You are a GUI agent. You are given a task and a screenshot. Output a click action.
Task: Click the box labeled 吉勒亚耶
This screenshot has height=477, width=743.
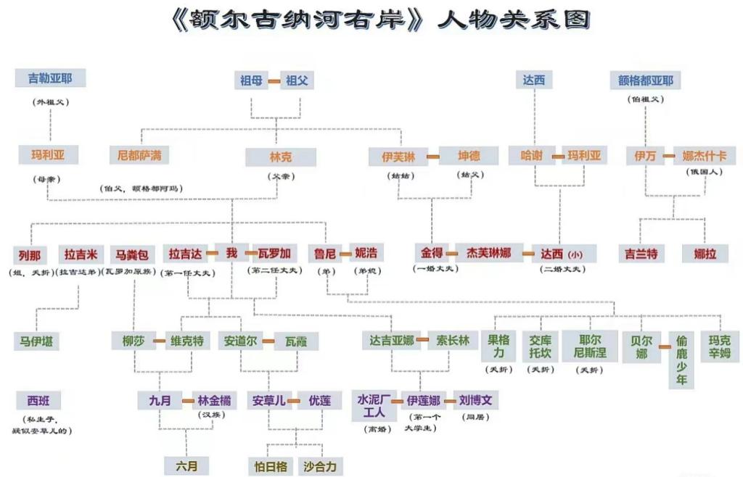click(50, 78)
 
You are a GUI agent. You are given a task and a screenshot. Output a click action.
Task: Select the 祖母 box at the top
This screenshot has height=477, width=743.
click(250, 80)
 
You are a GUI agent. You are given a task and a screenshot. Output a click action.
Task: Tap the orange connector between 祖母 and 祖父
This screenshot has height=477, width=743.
click(274, 80)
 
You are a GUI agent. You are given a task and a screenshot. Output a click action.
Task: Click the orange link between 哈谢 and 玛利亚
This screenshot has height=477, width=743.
click(557, 156)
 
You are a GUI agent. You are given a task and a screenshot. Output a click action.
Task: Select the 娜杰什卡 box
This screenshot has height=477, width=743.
click(704, 155)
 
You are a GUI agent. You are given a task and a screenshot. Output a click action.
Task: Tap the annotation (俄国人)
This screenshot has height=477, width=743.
click(704, 173)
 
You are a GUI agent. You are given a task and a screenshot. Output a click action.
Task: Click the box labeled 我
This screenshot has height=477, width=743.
click(231, 253)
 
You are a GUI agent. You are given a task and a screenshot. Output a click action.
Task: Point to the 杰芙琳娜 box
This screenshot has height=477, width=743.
click(488, 253)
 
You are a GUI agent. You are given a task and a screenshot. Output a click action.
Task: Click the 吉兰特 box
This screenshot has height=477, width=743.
click(641, 254)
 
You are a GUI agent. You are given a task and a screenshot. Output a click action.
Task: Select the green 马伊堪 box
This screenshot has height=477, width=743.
click(36, 341)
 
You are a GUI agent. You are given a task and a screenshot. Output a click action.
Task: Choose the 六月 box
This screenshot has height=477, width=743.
click(186, 465)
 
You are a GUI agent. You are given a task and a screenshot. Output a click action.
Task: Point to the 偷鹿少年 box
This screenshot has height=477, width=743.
click(681, 360)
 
